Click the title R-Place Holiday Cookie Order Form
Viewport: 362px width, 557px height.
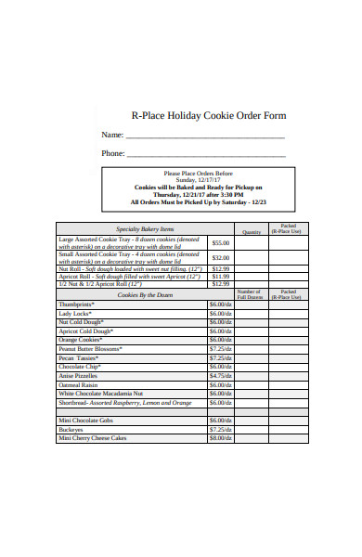coord(208,116)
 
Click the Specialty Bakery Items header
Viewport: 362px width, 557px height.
coord(144,228)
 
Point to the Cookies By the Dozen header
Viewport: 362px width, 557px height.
coord(144,294)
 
